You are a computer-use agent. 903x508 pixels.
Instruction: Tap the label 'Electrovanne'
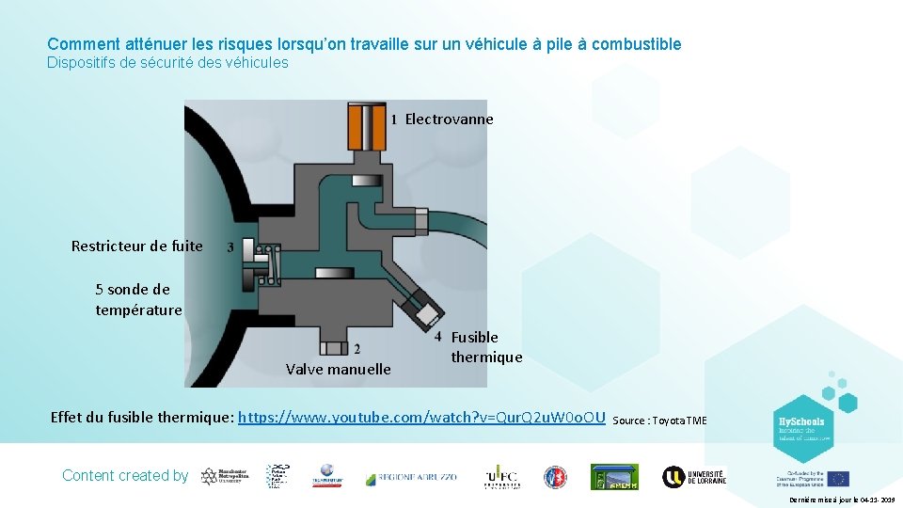pos(449,119)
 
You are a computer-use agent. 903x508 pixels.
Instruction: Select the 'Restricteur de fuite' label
pos(137,246)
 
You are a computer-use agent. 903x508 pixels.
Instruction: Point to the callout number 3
pos(230,247)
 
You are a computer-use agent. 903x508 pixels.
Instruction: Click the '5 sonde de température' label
pos(138,299)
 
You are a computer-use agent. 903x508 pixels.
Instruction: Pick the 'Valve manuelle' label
pos(338,370)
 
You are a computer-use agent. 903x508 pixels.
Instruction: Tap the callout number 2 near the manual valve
pos(356,350)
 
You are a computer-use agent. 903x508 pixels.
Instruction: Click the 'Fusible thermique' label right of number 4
pos(485,347)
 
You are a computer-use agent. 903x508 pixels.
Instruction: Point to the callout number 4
pos(438,336)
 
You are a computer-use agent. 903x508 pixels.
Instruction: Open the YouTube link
pos(421,417)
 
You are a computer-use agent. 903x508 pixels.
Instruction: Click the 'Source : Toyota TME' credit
pos(659,421)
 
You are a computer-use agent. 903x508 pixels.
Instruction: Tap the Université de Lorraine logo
pos(693,477)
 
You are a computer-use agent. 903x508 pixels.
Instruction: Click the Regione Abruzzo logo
pos(411,477)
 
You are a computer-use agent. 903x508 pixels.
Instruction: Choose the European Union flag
pos(838,479)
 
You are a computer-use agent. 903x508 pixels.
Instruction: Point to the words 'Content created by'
pos(125,476)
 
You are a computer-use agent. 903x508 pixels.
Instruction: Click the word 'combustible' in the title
pos(636,44)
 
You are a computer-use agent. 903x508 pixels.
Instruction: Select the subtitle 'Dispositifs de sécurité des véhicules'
pos(167,63)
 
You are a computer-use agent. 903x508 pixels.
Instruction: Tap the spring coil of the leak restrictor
pos(269,262)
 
